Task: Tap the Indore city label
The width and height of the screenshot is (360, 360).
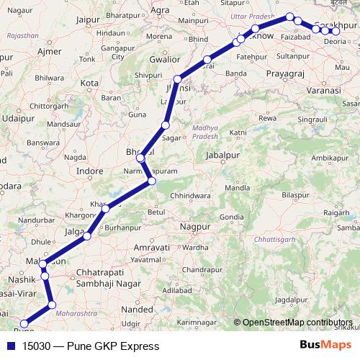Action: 90,171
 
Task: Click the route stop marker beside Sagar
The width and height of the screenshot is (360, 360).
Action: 165,126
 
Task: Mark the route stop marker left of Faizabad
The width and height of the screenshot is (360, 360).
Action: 289,17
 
